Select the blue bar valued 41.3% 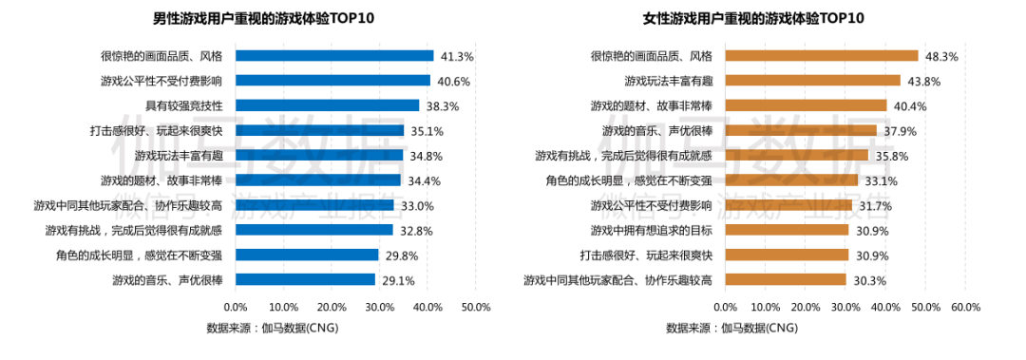click(333, 56)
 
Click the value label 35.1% click(425, 131)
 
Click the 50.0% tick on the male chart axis click(475, 308)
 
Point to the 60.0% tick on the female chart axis click(965, 308)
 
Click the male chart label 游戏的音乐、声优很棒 click(167, 279)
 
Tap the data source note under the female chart click(732, 328)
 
